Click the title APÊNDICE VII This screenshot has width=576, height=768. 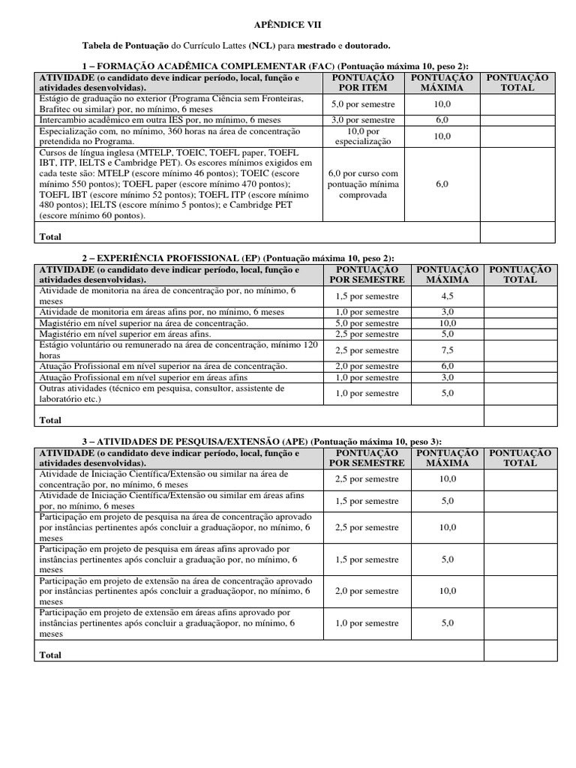pyautogui.click(x=288, y=25)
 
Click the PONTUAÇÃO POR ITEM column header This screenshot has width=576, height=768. pyautogui.click(x=363, y=82)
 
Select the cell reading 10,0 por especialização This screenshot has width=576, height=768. pyautogui.click(x=363, y=136)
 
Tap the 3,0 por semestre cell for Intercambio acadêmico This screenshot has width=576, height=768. pyautogui.click(x=363, y=120)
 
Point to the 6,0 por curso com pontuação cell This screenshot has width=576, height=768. pyautogui.click(x=363, y=184)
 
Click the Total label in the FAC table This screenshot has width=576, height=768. pyautogui.click(x=50, y=236)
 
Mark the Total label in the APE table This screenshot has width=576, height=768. pyautogui.click(x=50, y=654)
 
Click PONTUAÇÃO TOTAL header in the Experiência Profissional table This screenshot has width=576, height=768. pyautogui.click(x=520, y=274)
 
